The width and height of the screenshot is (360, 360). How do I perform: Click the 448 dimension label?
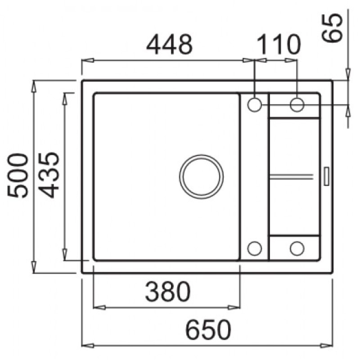pos(170,44)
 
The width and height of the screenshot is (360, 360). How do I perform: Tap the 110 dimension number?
pos(278,44)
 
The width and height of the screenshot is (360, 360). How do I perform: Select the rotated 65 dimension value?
pos(332,28)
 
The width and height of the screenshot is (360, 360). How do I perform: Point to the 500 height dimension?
pos(18,175)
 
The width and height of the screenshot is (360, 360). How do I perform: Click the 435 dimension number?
pos(49,175)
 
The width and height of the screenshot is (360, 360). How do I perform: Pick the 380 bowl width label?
pos(168,292)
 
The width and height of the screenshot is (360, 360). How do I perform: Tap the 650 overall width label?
pos(208,330)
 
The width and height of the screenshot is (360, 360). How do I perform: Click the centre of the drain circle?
pos(201,176)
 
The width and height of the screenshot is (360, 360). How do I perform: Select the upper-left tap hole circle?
pos(255,104)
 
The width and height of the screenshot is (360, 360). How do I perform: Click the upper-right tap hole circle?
pos(297,104)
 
